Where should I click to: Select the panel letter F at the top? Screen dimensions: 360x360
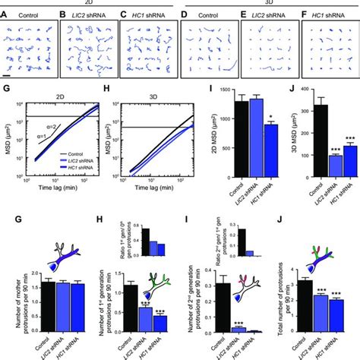(x=305, y=13)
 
